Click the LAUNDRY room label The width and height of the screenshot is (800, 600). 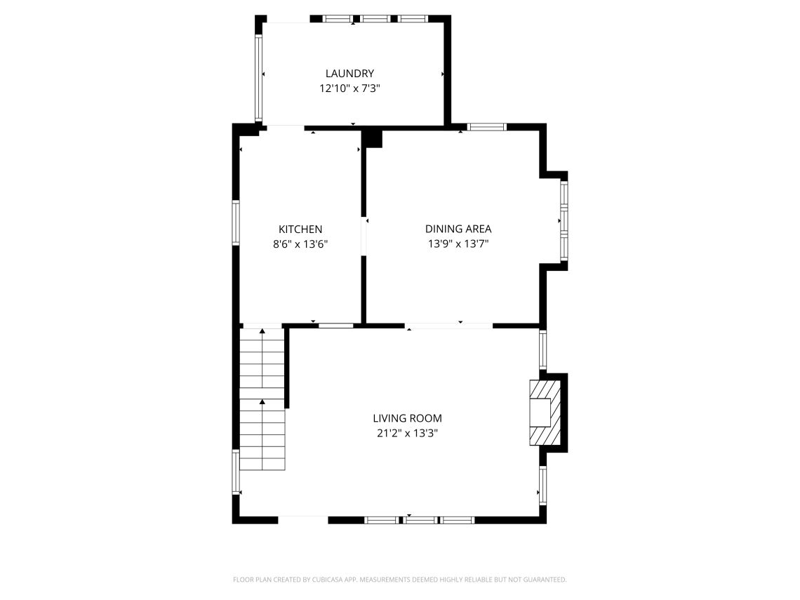tap(349, 74)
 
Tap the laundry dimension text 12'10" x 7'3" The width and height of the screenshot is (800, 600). tap(349, 89)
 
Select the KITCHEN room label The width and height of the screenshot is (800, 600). tap(300, 229)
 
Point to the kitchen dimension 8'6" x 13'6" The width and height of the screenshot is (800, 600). tap(300, 245)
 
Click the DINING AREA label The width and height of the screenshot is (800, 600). tap(458, 229)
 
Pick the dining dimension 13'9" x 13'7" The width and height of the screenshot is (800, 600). tap(458, 244)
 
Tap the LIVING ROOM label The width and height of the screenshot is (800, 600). tap(407, 418)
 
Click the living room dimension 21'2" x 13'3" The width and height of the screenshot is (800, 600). tap(407, 434)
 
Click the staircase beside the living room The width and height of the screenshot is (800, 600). tap(262, 400)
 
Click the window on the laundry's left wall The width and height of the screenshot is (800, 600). tap(258, 78)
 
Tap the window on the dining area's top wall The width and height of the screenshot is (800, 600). tap(487, 127)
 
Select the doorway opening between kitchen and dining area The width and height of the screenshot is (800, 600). tap(364, 236)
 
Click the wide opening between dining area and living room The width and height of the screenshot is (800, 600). tap(449, 326)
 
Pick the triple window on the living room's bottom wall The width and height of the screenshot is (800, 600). tap(420, 520)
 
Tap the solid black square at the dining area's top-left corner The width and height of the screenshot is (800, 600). tap(373, 138)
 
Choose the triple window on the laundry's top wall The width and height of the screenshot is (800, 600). tap(375, 19)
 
